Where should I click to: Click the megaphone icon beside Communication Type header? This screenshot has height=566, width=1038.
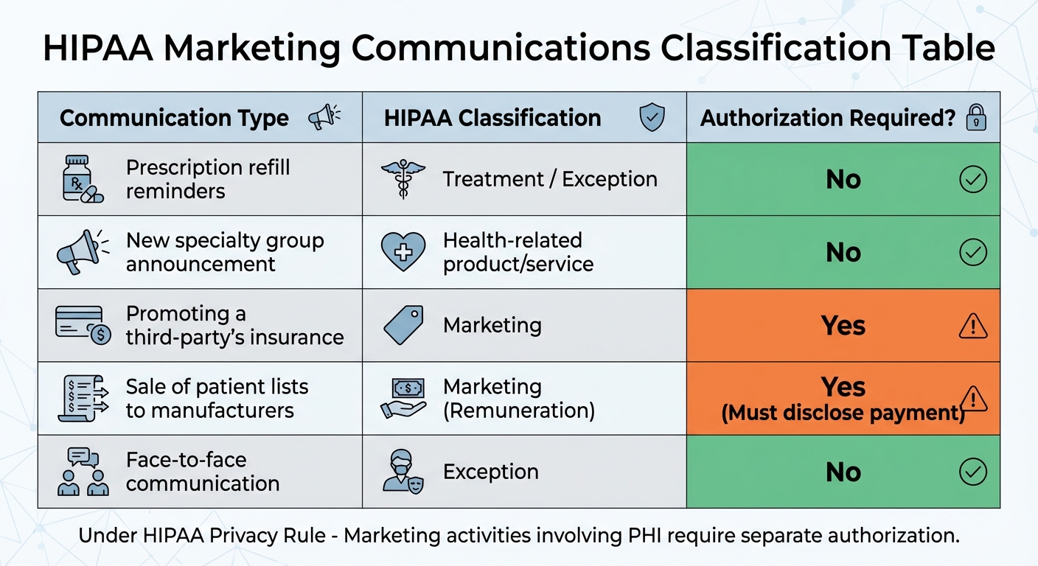324,117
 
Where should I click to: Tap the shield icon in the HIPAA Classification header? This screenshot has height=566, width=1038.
652,117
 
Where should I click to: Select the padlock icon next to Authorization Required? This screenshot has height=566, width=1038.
976,117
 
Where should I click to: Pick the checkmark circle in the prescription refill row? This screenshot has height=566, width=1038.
972,179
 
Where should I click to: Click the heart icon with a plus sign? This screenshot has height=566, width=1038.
403,252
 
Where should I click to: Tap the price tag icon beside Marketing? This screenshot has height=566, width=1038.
403,325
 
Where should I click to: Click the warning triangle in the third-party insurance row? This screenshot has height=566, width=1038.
972,325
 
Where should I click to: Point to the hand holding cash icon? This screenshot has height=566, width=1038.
403,398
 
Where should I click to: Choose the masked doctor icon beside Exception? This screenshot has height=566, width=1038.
403,472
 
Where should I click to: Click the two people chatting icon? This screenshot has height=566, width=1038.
83,472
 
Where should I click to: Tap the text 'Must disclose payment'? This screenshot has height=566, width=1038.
843,413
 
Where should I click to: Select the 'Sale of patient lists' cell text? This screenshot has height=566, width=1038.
217,398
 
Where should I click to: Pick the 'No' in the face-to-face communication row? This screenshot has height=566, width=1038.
843,472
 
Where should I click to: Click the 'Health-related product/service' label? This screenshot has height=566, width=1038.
518,252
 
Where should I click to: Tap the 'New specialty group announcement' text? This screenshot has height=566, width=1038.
224,252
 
